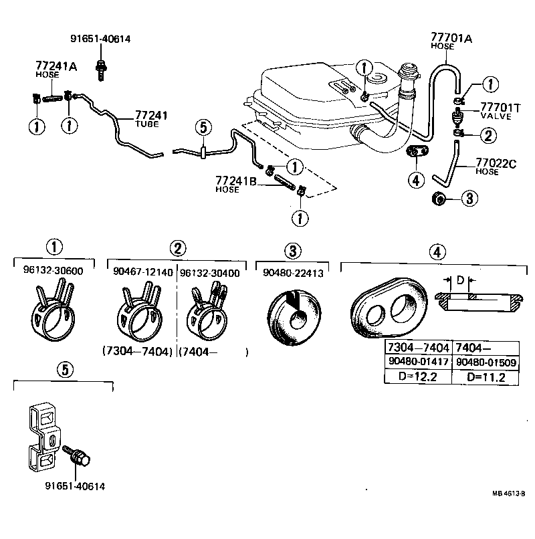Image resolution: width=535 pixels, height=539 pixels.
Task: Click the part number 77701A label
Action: click(x=451, y=38)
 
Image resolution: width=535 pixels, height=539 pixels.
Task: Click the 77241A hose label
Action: click(x=56, y=66)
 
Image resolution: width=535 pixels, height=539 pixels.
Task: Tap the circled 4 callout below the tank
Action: click(x=416, y=179)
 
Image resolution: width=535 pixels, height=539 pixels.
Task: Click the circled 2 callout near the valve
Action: click(x=490, y=136)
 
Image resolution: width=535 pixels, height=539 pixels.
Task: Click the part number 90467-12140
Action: click(x=143, y=272)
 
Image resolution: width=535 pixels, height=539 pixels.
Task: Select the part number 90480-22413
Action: click(x=292, y=272)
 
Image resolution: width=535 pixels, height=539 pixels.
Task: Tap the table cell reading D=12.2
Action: click(x=418, y=377)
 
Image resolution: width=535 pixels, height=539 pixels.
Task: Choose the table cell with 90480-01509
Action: click(x=486, y=362)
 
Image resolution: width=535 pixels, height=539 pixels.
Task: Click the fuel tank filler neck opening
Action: click(x=409, y=68)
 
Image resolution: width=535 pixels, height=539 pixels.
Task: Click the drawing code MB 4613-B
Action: click(x=509, y=494)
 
